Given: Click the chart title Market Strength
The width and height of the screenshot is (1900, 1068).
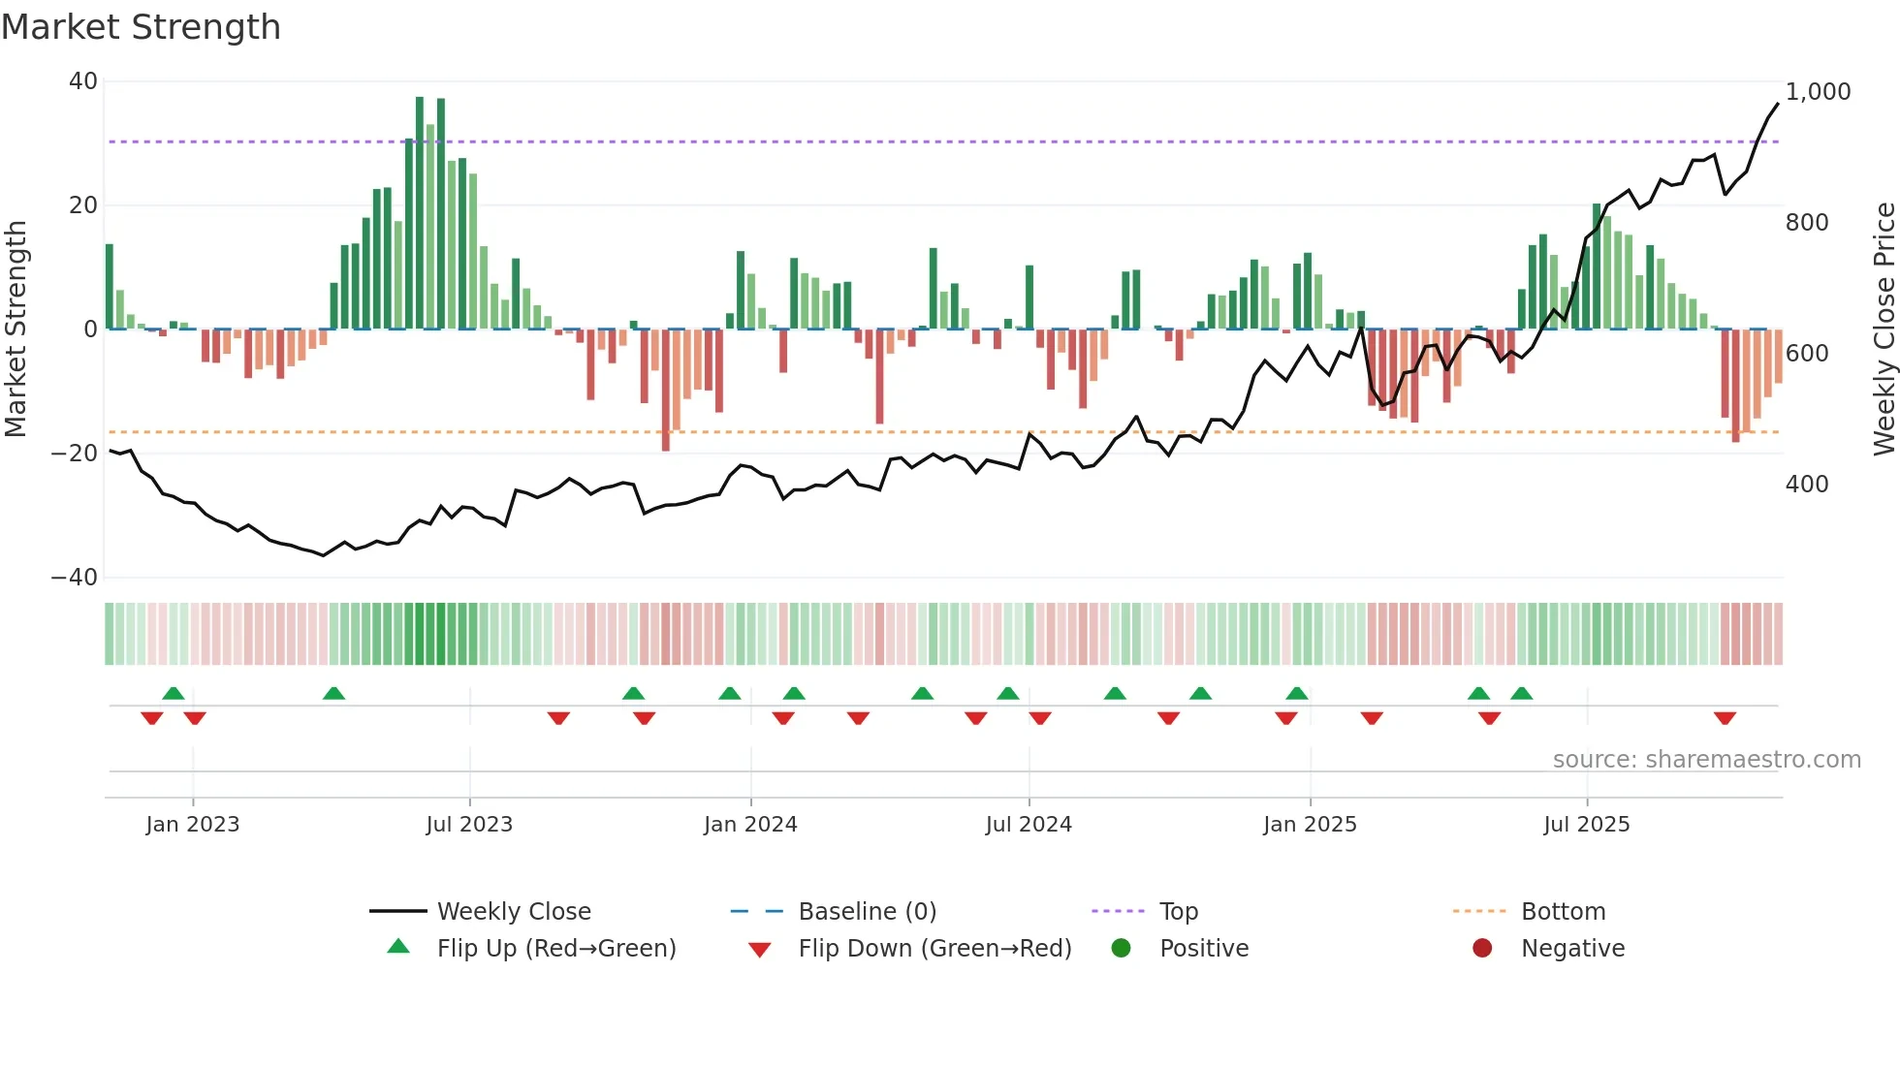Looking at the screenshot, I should click(141, 27).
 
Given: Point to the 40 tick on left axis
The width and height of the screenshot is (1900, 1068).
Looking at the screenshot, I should click(83, 81).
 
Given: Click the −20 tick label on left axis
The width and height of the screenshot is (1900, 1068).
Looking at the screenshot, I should click(75, 454).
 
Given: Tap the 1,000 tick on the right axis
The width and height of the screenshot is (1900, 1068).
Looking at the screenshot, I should click(1818, 92).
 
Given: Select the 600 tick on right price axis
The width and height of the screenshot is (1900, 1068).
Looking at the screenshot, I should click(1807, 354).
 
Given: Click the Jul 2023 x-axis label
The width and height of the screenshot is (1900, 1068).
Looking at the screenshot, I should click(469, 825).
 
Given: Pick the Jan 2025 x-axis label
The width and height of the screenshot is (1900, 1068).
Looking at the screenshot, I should click(1310, 825).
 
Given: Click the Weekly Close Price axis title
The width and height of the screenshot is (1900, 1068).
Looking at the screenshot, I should click(1884, 330).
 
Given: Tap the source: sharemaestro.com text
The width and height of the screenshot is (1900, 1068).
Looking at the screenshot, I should click(1706, 760).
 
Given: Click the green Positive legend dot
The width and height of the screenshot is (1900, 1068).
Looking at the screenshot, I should click(1122, 949).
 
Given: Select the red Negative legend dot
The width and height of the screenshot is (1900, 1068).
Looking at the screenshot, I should click(1482, 949).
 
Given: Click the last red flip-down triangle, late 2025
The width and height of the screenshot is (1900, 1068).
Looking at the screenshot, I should click(1725, 718).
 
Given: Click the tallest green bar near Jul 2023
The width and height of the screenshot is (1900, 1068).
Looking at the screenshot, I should click(420, 213).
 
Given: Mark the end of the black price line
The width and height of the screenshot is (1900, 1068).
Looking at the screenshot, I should click(1778, 104).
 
